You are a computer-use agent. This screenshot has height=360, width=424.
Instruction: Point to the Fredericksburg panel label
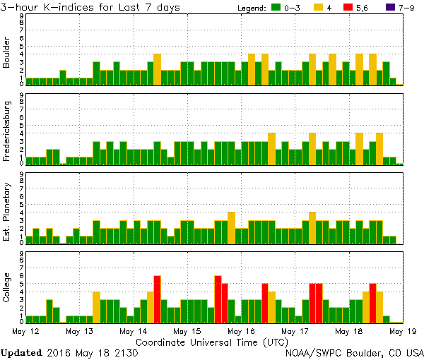tap(7, 131)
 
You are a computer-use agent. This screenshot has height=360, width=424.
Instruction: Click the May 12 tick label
tap(24, 330)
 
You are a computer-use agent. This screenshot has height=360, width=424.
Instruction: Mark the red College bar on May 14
tap(157, 299)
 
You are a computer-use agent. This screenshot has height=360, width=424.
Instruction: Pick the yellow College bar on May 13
tap(96, 307)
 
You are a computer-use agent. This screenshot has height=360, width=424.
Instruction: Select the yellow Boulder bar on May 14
tap(157, 69)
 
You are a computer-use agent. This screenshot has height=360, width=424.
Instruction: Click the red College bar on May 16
tap(265, 303)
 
